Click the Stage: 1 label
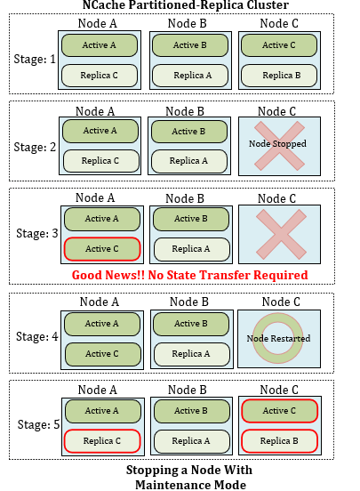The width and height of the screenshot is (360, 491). tap(35, 60)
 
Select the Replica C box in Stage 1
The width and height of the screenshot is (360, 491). tap(100, 76)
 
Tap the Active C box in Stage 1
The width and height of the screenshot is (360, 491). tap(279, 45)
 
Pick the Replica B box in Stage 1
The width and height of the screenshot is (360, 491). tap(279, 76)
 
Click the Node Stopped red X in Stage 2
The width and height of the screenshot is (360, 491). tap(279, 146)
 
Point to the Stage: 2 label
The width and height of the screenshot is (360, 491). tap(35, 147)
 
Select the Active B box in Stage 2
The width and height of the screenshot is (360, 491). tap(189, 132)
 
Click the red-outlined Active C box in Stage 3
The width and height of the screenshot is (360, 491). tap(102, 249)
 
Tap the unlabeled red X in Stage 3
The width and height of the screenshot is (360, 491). tap(281, 235)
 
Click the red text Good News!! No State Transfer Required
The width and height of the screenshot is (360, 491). tap(190, 275)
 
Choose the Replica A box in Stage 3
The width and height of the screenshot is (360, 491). tap(192, 249)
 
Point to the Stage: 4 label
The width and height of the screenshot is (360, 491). tap(37, 336)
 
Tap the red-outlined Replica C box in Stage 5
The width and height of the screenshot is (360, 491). tap(102, 441)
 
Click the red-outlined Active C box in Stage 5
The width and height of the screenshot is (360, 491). tap(279, 411)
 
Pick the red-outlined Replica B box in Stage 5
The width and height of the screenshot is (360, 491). tap(279, 441)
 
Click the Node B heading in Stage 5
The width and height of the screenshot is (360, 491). tap(188, 390)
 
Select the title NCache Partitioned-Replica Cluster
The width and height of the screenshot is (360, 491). tap(186, 4)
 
